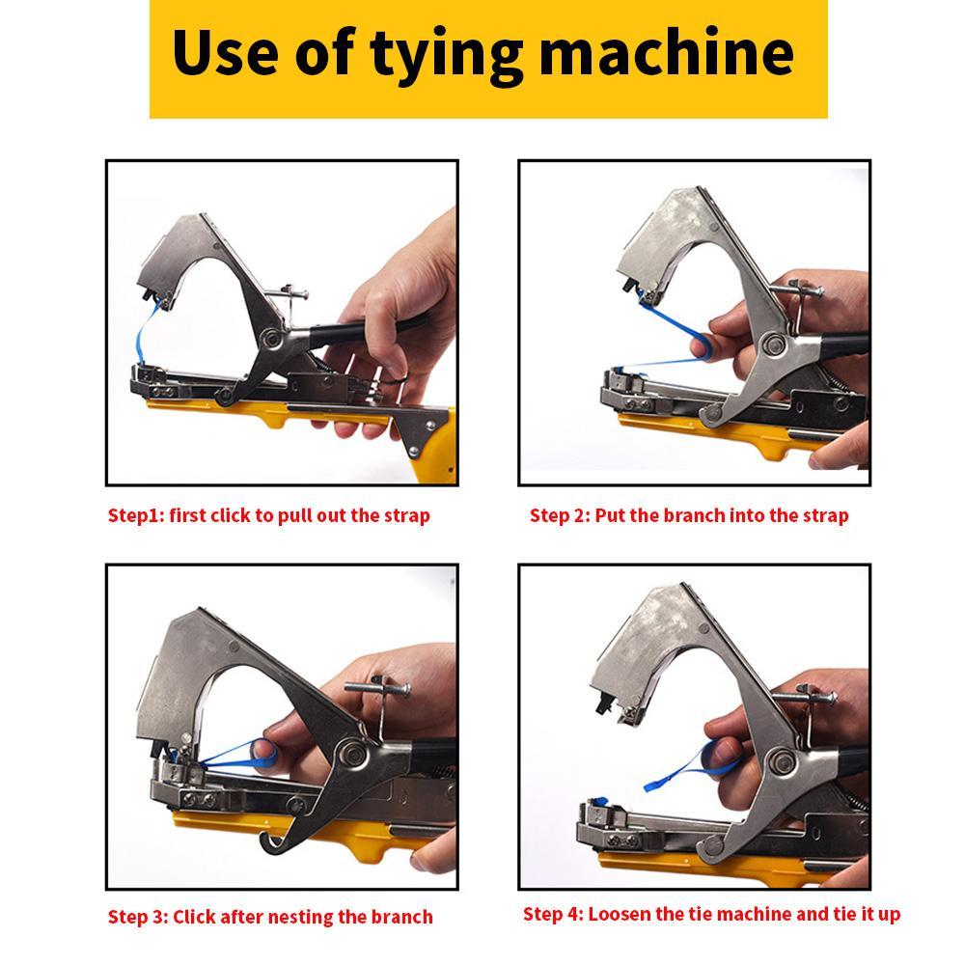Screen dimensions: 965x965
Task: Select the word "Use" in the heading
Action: tap(225, 52)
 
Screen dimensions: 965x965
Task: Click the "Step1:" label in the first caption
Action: tap(136, 515)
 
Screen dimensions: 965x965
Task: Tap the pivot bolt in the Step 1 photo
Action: tap(269, 337)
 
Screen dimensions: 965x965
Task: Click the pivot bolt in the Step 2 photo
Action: tap(774, 344)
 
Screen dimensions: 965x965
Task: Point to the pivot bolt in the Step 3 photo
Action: tap(351, 752)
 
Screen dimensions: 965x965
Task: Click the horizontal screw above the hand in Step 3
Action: tap(377, 688)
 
